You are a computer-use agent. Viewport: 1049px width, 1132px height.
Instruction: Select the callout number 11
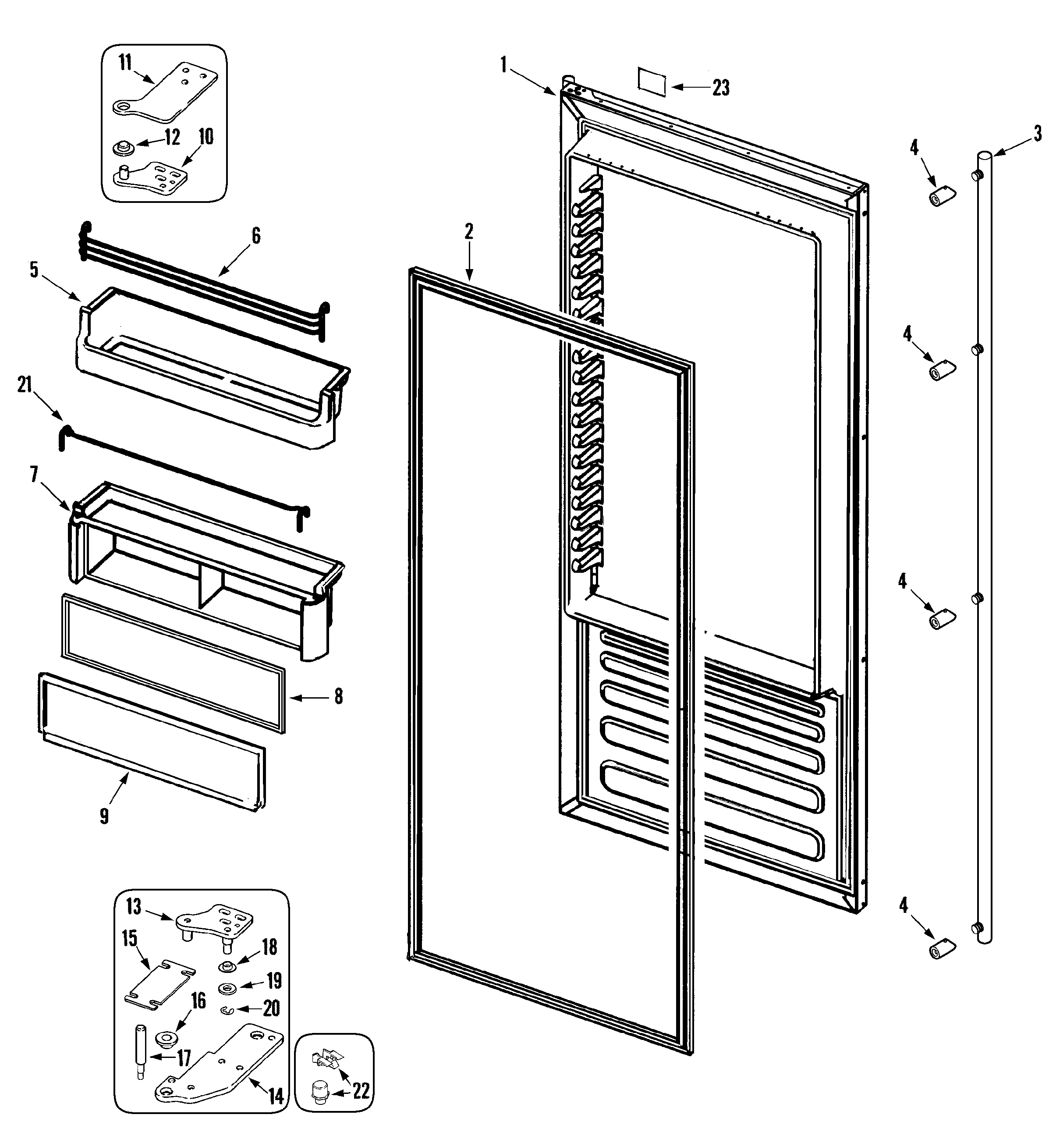tap(125, 62)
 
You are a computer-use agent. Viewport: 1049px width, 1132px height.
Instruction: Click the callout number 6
tap(256, 236)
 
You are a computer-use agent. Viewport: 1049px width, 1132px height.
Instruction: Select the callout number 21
tap(25, 384)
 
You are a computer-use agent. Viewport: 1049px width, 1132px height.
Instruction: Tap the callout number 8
tap(338, 696)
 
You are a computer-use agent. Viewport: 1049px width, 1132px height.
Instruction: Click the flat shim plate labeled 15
tap(159, 985)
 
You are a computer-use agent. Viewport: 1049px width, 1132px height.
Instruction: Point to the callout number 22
tap(361, 1090)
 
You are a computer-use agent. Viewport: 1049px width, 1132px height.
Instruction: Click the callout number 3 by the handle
tap(1038, 134)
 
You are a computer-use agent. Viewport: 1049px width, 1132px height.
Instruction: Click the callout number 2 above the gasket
tap(469, 232)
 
